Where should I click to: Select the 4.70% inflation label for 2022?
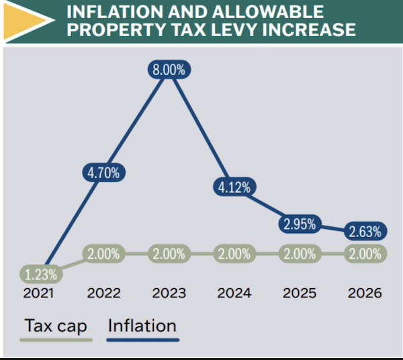(x=104, y=172)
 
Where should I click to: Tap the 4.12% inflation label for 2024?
(x=234, y=187)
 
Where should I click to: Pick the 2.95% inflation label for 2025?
(x=300, y=224)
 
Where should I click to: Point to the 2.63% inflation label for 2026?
(x=365, y=232)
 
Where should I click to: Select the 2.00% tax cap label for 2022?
(x=104, y=255)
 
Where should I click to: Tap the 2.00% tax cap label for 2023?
(x=169, y=255)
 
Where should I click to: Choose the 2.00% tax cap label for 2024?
(x=234, y=255)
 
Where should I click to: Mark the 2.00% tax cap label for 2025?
(x=300, y=255)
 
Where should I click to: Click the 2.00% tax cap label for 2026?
(x=365, y=255)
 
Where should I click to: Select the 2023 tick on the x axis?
(x=169, y=294)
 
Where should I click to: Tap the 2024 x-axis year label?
(x=234, y=294)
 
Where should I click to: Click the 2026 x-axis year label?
(x=365, y=294)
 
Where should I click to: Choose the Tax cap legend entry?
(x=56, y=326)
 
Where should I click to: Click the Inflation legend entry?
(x=142, y=326)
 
